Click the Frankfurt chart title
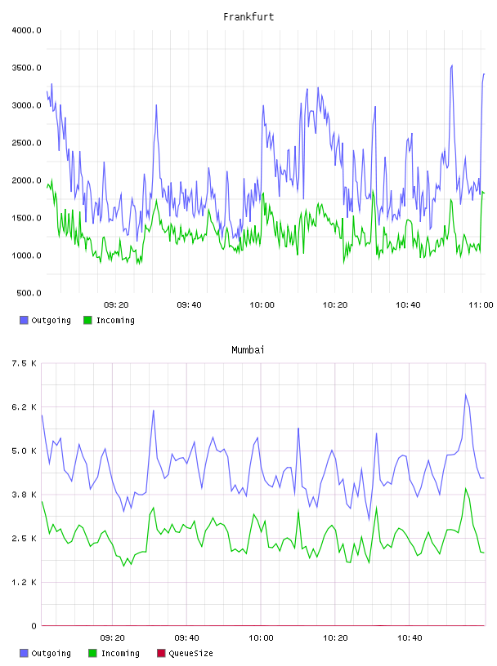click(248, 17)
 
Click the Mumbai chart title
click(248, 350)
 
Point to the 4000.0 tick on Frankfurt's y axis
click(26, 30)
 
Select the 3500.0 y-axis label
click(26, 68)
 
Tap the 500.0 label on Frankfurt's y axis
click(29, 293)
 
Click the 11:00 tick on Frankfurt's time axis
click(481, 305)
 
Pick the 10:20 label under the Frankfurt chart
click(335, 305)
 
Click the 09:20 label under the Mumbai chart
click(112, 638)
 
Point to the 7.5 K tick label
click(24, 363)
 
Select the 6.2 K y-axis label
click(24, 407)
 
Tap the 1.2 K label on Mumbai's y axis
click(24, 582)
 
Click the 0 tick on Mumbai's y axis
click(34, 626)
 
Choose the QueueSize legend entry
click(185, 653)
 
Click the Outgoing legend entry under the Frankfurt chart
click(45, 320)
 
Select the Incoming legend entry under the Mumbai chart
click(114, 653)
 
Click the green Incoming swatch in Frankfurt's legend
click(87, 320)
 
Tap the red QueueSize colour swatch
click(161, 653)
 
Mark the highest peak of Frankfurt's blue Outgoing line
click(451, 65)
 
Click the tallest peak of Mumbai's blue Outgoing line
click(465, 394)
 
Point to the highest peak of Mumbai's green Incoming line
click(465, 488)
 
